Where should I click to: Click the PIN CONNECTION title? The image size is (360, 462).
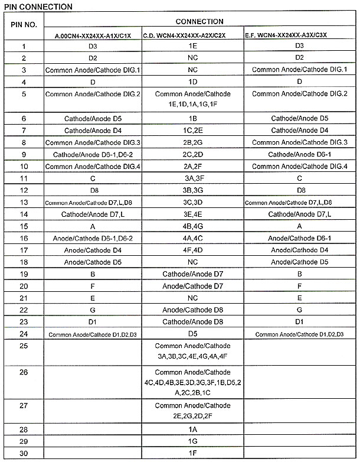(x=37, y=6)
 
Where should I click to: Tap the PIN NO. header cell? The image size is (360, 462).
(x=24, y=25)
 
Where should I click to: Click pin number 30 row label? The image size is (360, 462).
(x=24, y=454)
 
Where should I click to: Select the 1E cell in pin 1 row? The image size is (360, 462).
(x=192, y=45)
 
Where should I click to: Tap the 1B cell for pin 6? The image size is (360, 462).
(x=192, y=118)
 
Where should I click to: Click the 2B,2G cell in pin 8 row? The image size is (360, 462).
(x=192, y=142)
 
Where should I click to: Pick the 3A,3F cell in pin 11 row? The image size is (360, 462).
(x=192, y=178)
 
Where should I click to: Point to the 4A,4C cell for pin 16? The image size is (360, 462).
(x=192, y=238)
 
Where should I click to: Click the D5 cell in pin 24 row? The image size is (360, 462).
(x=192, y=334)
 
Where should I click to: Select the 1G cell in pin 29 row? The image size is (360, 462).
(x=192, y=441)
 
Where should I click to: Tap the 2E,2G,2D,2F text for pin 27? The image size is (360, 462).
(x=192, y=417)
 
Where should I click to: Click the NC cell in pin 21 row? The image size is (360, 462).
(x=192, y=298)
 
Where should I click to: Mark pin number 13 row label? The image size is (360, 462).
(x=24, y=202)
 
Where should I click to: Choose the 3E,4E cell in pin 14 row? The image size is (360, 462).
(x=192, y=214)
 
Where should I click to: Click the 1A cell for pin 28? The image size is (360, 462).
(x=192, y=430)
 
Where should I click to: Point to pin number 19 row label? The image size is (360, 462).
(x=24, y=274)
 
